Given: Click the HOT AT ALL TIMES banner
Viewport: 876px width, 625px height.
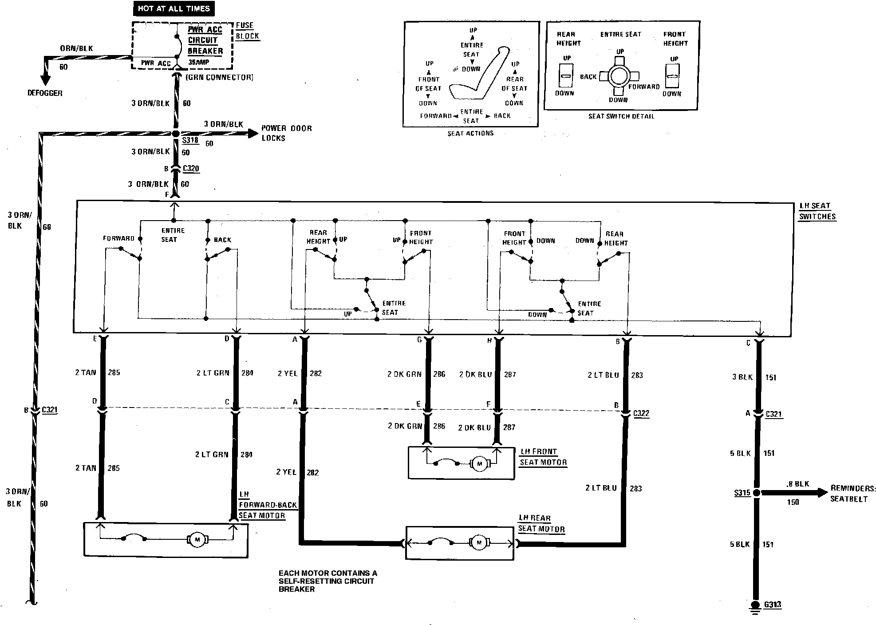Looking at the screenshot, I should pyautogui.click(x=174, y=8).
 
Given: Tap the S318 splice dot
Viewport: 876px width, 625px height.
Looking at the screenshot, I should pyautogui.click(x=176, y=133).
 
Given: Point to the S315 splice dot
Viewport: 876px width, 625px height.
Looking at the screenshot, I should pyautogui.click(x=757, y=492).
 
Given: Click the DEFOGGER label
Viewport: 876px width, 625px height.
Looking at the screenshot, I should pyautogui.click(x=45, y=93).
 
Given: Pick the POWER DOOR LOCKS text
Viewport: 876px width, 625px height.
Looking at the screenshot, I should pyautogui.click(x=286, y=133).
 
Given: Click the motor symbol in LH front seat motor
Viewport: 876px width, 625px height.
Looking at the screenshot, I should pyautogui.click(x=479, y=464).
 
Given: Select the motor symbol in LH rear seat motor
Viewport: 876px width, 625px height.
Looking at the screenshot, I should pyautogui.click(x=478, y=543).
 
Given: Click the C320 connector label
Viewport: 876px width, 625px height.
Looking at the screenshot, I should pyautogui.click(x=191, y=169).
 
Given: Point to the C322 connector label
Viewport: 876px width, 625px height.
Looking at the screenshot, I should pyautogui.click(x=641, y=414).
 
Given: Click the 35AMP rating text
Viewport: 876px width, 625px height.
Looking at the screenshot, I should pyautogui.click(x=198, y=63).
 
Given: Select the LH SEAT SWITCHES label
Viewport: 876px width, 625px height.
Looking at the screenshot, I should pyautogui.click(x=817, y=211).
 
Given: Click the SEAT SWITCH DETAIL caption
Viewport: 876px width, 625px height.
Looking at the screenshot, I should pyautogui.click(x=621, y=116).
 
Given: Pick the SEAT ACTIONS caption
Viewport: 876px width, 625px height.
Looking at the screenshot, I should pyautogui.click(x=470, y=133).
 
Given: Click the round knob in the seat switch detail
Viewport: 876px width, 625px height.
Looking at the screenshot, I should pyautogui.click(x=618, y=77).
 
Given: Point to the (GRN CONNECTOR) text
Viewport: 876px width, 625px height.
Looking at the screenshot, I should pyautogui.click(x=219, y=78).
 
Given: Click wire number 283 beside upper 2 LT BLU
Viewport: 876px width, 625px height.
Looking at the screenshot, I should pyautogui.click(x=637, y=376).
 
